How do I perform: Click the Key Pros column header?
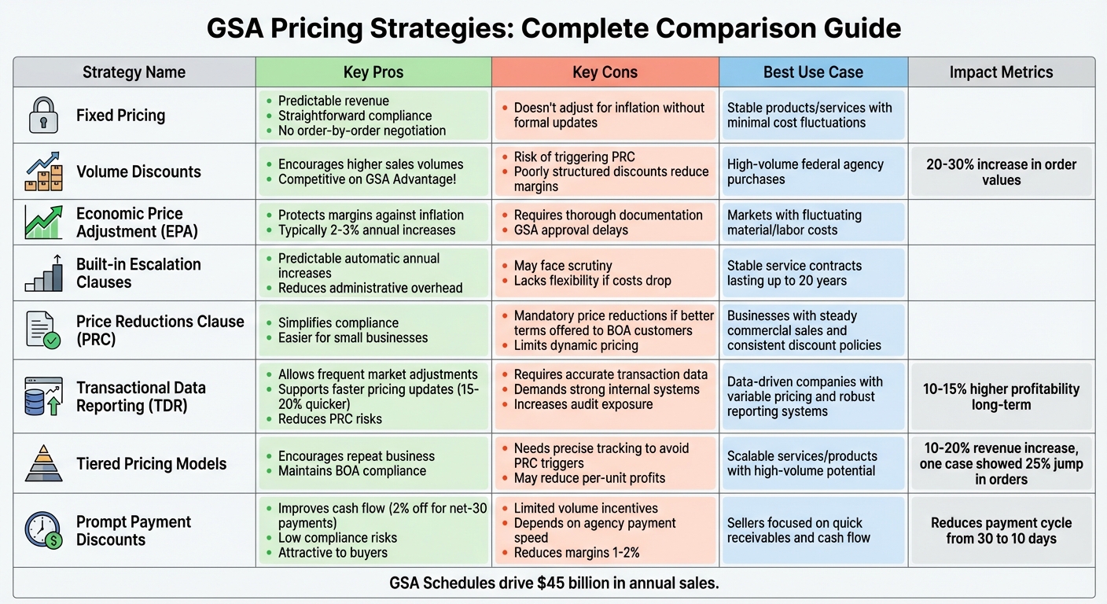point(373,72)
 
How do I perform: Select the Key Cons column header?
point(605,72)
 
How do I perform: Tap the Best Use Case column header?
point(813,72)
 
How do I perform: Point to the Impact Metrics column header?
point(1001,72)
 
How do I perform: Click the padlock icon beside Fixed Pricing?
point(44,116)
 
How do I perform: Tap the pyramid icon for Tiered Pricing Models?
point(44,463)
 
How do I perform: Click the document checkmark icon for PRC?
point(43,330)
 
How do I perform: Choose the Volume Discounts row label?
point(138,171)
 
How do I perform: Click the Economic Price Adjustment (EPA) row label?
point(129,223)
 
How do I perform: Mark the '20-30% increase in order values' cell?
point(1001,172)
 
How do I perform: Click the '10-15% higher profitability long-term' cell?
point(1001,396)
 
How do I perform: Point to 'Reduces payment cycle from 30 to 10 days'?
point(1001,531)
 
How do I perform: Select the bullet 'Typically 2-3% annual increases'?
point(366,230)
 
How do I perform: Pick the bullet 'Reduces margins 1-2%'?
point(576,553)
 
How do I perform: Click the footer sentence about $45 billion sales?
point(553,584)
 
